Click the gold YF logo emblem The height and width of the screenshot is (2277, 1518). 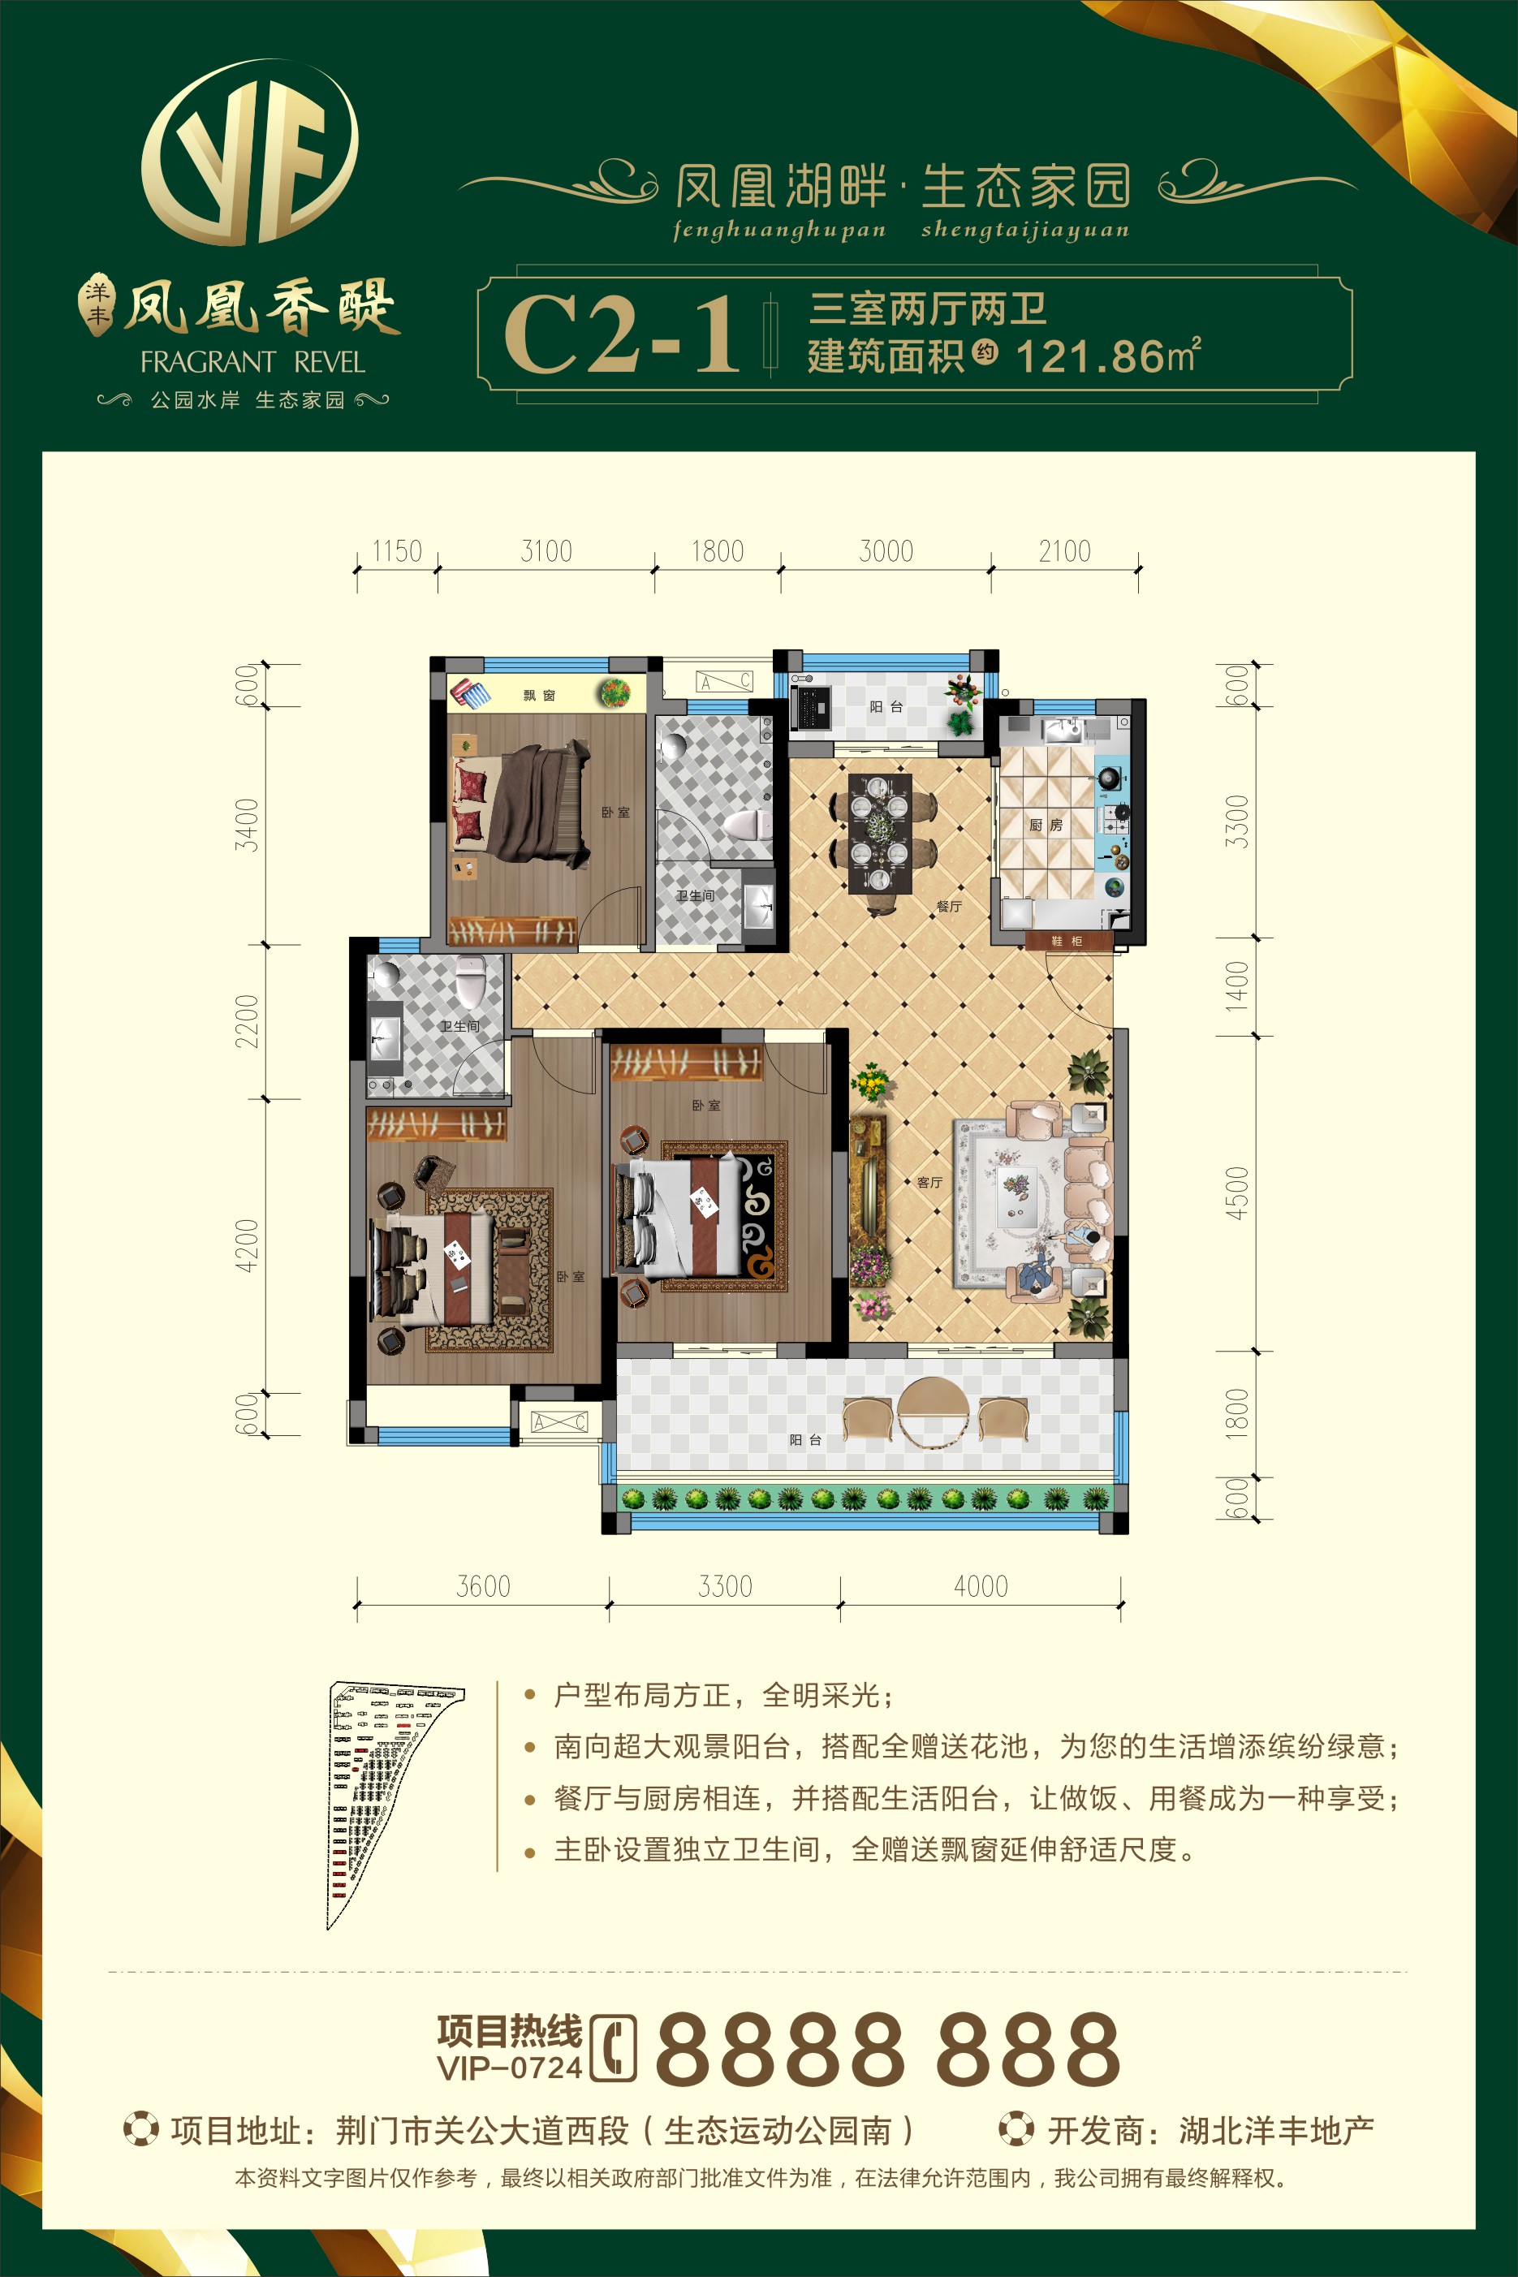(250, 153)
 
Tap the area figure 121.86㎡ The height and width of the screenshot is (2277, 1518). (1109, 356)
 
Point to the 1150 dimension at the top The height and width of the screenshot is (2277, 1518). (397, 552)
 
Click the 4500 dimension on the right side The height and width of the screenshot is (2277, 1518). (1237, 1192)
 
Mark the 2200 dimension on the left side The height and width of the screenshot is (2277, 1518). (248, 1020)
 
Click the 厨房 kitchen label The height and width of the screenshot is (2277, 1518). (1046, 825)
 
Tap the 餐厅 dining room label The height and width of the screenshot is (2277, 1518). (949, 906)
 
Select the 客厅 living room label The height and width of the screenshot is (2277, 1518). (929, 1182)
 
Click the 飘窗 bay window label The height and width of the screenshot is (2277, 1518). (539, 695)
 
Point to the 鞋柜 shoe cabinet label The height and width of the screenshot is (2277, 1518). (1066, 941)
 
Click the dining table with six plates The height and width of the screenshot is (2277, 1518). (879, 833)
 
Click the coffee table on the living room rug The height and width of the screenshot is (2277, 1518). (1016, 1198)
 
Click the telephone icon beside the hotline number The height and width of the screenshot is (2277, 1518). (613, 2047)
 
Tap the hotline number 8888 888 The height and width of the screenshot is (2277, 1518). (888, 2047)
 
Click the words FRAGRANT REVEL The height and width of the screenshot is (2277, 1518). (252, 362)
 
